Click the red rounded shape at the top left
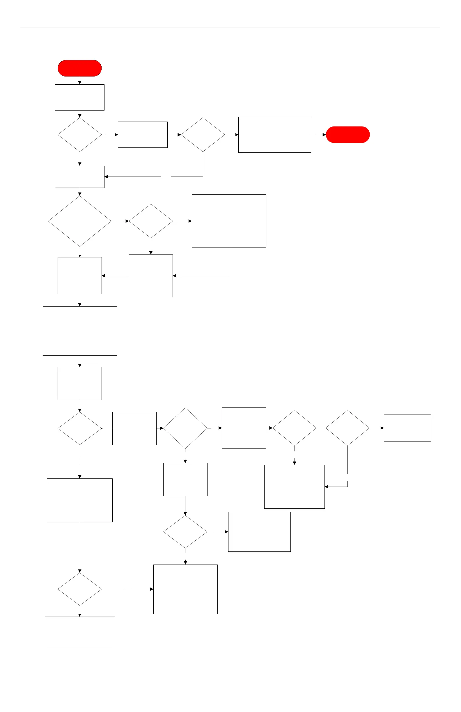click(x=80, y=68)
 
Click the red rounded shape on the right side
click(x=347, y=135)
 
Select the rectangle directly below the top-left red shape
click(x=80, y=97)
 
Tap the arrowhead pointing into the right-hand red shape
click(x=324, y=135)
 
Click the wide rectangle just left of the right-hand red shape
click(x=274, y=135)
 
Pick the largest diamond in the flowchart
click(x=80, y=221)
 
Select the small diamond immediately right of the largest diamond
click(x=151, y=221)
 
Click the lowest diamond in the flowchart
click(x=80, y=589)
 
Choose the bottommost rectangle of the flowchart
click(x=80, y=633)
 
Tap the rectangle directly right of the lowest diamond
click(x=185, y=589)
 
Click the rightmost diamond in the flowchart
click(x=347, y=428)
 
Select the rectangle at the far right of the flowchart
click(x=407, y=428)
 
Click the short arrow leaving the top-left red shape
click(x=80, y=81)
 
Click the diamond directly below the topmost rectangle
click(x=80, y=135)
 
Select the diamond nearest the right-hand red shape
click(x=203, y=135)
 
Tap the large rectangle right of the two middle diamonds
click(x=229, y=221)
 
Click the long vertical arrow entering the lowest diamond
click(x=80, y=547)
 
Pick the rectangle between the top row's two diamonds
click(x=143, y=135)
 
